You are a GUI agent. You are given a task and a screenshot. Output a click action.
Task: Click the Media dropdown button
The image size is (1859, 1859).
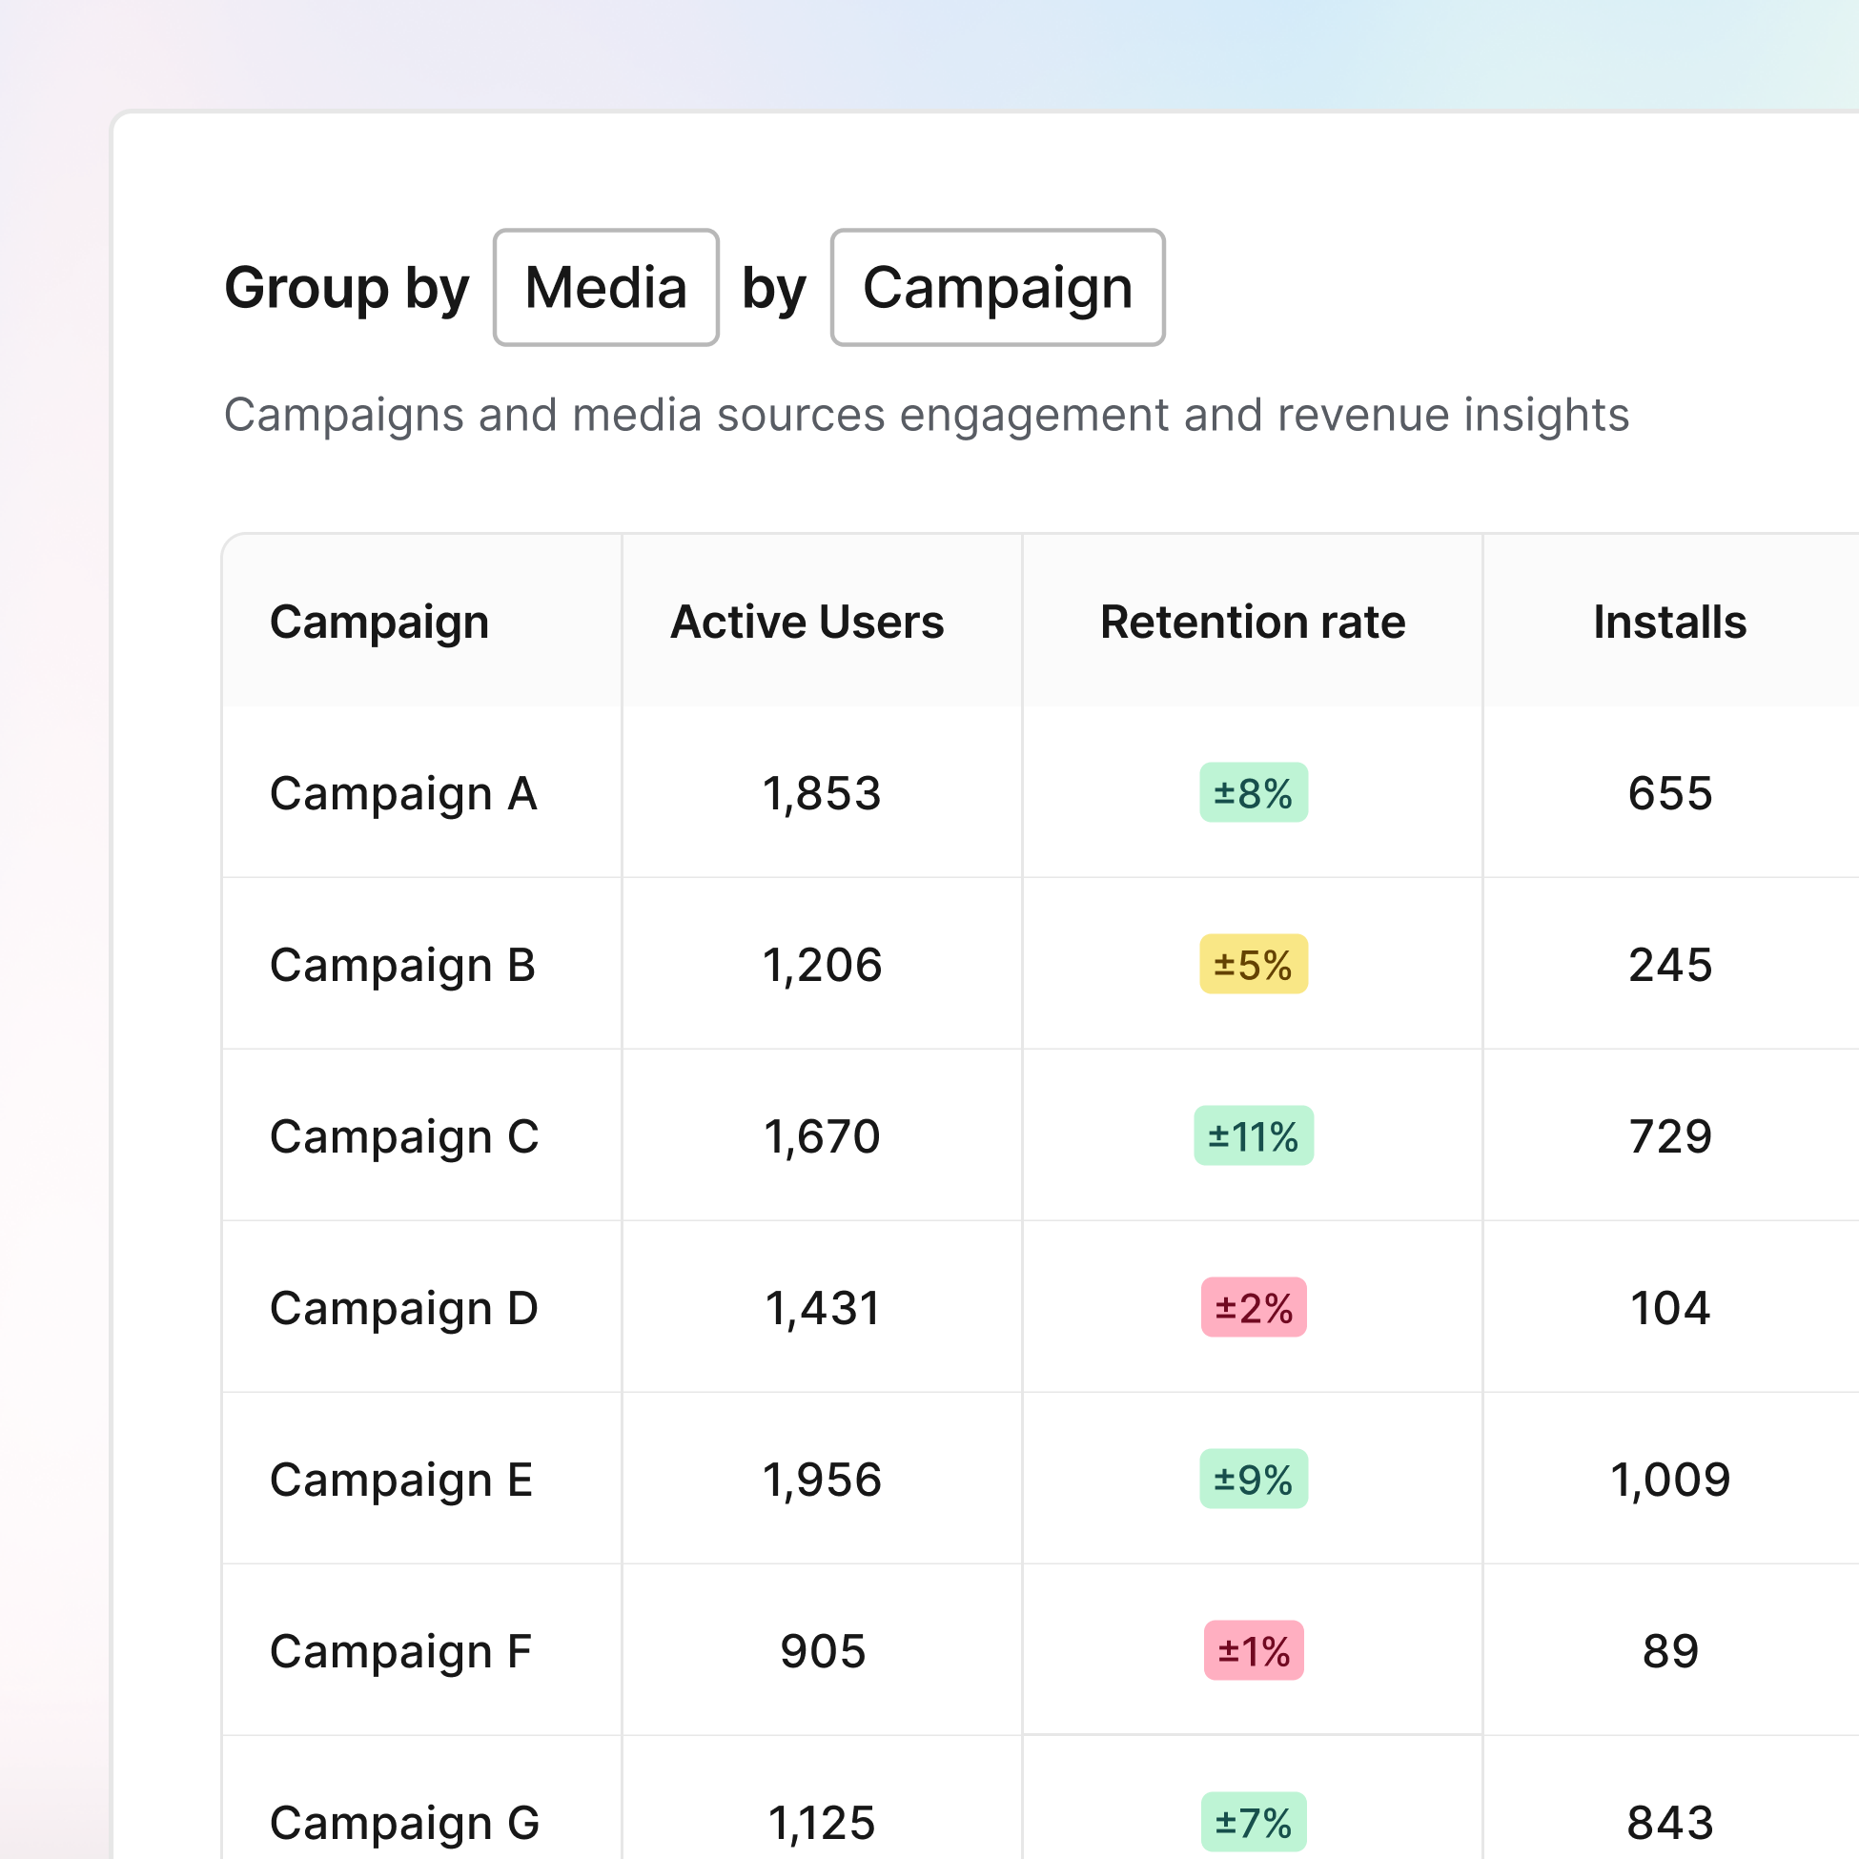tap(605, 288)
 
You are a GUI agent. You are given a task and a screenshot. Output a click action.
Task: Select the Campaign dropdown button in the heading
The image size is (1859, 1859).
tap(997, 288)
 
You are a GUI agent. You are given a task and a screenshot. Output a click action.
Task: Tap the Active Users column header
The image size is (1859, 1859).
tap(807, 622)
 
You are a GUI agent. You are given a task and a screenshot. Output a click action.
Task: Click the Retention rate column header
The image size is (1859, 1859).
tap(1252, 622)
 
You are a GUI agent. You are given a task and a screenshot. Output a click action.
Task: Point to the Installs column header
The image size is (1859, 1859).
tap(1669, 622)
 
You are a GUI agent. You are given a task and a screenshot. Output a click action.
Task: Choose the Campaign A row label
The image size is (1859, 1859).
tap(403, 794)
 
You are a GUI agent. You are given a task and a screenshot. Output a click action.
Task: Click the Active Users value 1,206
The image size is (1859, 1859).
tap(822, 965)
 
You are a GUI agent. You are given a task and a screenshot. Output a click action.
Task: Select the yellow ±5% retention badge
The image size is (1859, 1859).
tap(1253, 964)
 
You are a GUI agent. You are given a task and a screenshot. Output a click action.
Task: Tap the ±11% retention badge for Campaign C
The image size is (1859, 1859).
tap(1253, 1136)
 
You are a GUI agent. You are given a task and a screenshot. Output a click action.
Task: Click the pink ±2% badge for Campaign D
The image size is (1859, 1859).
tap(1253, 1308)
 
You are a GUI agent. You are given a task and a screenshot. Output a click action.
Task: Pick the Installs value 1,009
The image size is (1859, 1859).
tap(1669, 1480)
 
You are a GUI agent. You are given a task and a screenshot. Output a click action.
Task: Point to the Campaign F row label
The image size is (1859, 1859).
tap(400, 1651)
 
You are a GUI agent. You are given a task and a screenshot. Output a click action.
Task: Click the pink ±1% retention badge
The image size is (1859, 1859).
tap(1253, 1651)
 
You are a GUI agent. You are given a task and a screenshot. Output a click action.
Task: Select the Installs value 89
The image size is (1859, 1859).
tap(1669, 1651)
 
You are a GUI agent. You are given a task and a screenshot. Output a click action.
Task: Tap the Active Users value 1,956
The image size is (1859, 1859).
tap(822, 1480)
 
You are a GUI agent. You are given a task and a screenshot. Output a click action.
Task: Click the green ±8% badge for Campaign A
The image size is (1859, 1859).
tap(1253, 793)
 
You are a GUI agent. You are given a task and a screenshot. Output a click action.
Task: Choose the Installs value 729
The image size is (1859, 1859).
tap(1669, 1136)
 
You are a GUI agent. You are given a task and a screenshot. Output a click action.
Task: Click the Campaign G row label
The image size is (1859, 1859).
tap(404, 1823)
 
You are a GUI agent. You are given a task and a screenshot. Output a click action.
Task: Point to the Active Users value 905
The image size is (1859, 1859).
tap(823, 1651)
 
